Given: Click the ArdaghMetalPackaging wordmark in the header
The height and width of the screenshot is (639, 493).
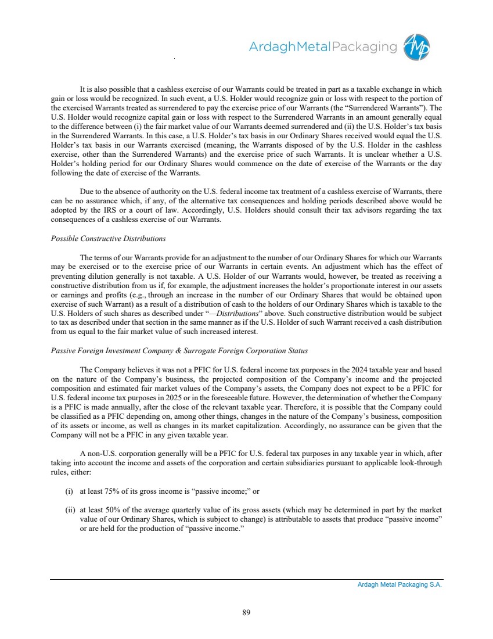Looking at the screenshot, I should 323,47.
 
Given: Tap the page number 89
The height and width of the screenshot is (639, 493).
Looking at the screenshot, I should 246,612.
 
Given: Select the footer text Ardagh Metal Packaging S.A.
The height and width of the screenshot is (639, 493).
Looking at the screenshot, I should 400,585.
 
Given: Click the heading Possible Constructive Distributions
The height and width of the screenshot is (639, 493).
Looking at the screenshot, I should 108,239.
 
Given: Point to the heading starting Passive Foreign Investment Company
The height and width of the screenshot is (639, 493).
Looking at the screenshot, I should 179,351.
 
